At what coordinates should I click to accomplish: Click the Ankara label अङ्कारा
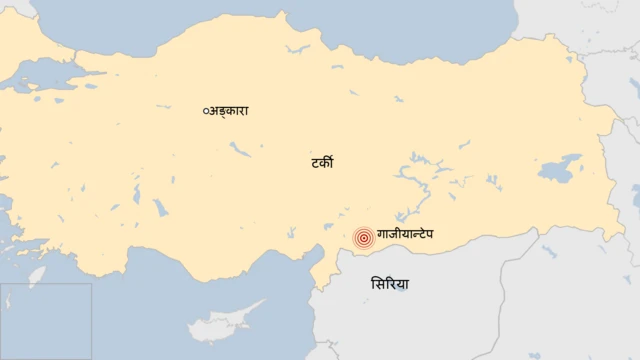point(228,111)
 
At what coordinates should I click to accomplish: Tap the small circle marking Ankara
point(205,111)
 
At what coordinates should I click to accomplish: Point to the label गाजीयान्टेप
point(413,236)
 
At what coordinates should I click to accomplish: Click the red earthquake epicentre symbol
point(364,238)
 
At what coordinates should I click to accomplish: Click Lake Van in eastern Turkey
point(561,166)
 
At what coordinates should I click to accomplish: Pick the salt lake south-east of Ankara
point(239,149)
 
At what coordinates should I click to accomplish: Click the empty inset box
point(46,321)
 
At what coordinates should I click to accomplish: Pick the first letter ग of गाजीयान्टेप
point(383,236)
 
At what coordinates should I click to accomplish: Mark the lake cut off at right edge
point(637,189)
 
